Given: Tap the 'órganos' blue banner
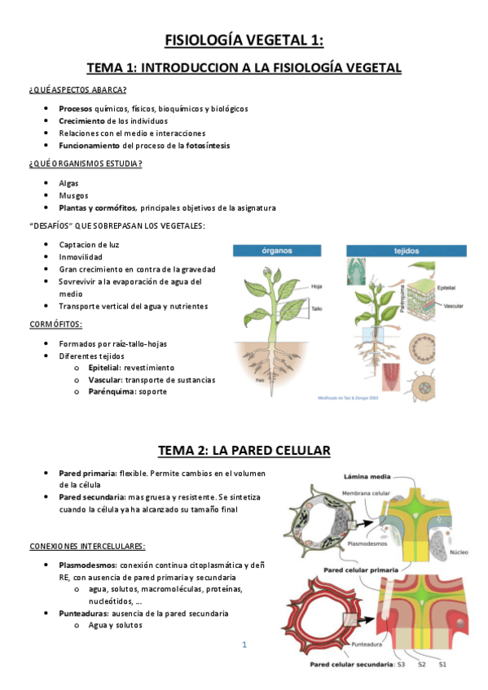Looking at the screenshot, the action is (x=278, y=251).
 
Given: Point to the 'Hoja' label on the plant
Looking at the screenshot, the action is (x=317, y=286).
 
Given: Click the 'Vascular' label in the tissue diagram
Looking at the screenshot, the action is (x=455, y=305).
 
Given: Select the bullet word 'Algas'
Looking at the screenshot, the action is (x=69, y=183).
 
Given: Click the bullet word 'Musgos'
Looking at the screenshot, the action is (x=73, y=195).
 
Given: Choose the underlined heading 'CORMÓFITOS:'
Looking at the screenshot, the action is (x=55, y=324).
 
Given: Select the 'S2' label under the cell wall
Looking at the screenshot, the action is (x=421, y=665).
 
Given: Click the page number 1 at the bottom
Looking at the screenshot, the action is (x=244, y=645).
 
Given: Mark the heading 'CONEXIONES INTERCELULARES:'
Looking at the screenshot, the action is (x=87, y=545).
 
